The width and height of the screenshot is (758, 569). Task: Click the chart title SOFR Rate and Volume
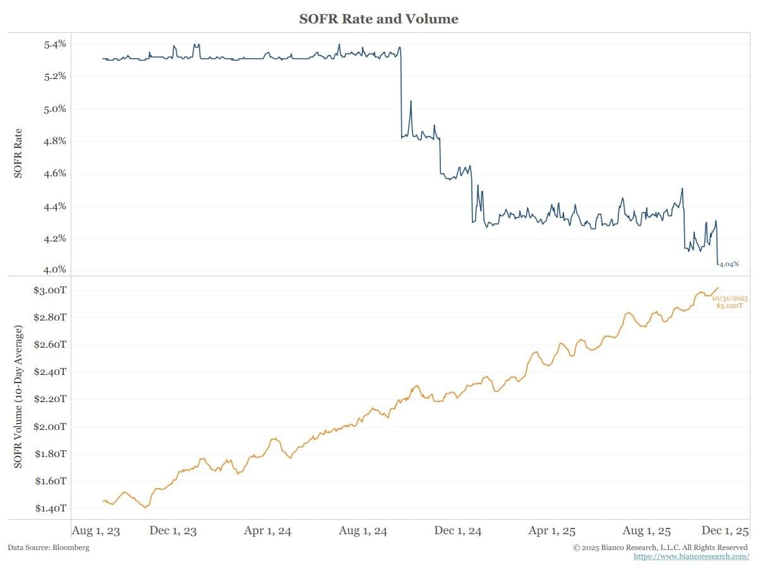378,19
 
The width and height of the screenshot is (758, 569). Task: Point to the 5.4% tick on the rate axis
55,44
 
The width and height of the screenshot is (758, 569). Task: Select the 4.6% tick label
55,173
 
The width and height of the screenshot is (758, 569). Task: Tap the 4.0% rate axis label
55,269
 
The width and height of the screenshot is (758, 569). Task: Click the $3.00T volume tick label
51,290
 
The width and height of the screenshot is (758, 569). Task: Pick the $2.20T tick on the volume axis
51,399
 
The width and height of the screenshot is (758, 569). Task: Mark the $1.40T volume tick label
51,508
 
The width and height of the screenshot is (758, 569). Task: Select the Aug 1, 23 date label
95,531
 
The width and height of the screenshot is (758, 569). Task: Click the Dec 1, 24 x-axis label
457,531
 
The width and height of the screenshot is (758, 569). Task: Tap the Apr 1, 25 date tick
551,531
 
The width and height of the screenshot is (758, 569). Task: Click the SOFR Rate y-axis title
18,154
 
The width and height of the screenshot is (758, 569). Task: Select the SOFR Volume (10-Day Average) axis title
18,397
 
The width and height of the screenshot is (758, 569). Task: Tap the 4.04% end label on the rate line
730,264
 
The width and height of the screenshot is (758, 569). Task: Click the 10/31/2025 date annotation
730,298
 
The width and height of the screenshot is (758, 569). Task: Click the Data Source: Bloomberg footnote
49,548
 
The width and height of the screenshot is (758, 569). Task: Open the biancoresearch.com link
691,556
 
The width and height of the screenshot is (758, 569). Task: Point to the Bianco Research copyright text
660,548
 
